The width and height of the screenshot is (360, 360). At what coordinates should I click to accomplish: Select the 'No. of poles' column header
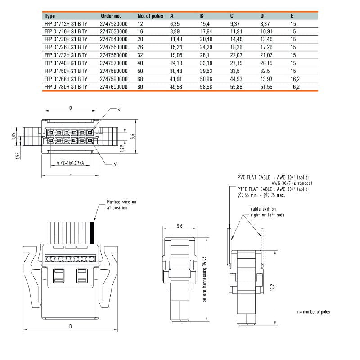pyautogui.click(x=150, y=16)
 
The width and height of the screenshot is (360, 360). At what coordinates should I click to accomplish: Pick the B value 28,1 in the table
pyautogui.click(x=206, y=55)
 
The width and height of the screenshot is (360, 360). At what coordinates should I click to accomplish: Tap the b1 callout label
pyautogui.click(x=115, y=165)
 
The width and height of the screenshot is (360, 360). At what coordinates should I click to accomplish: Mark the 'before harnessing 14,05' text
pyautogui.click(x=204, y=279)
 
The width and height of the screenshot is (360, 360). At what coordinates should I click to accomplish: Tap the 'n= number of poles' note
pyautogui.click(x=313, y=312)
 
